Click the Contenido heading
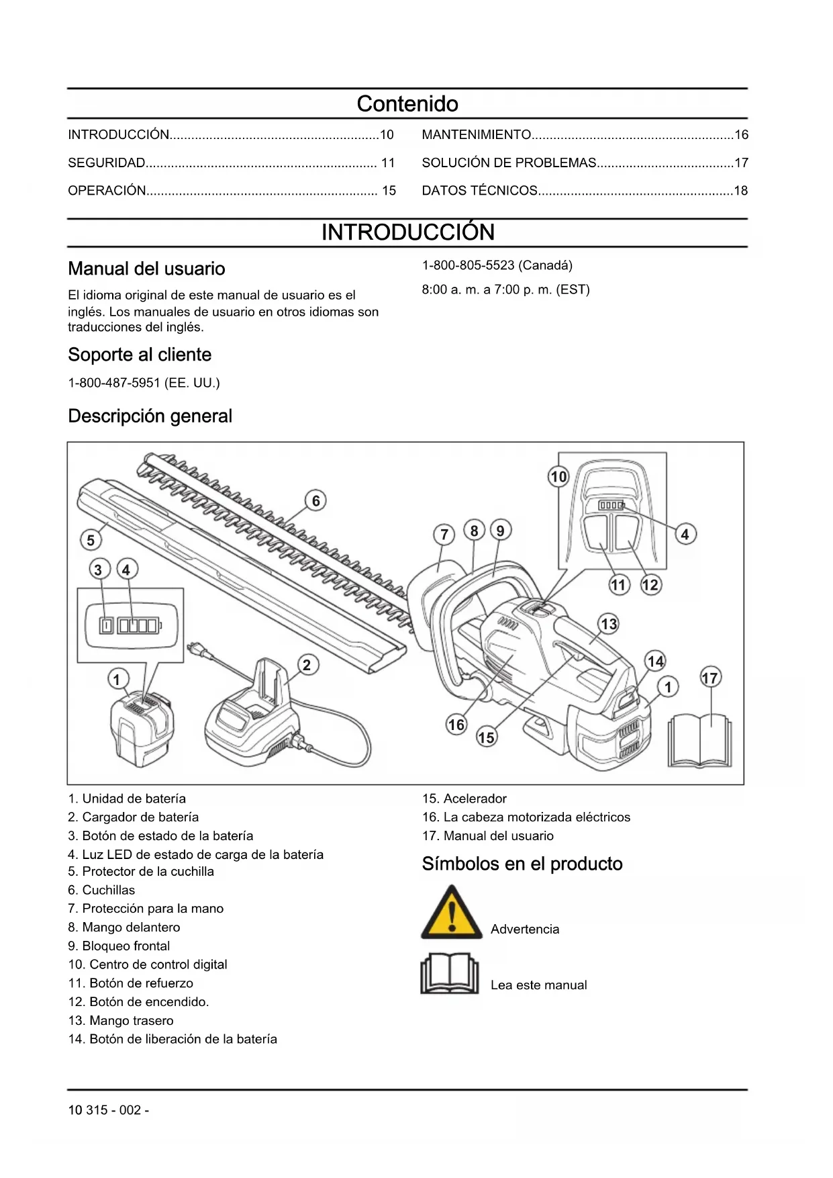pos(407,104)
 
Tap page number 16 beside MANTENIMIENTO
pos(741,135)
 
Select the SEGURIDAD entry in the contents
pos(107,163)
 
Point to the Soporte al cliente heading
pos(140,355)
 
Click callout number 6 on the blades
pos(316,501)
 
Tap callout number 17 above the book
pos(709,678)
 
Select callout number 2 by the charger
pos(307,665)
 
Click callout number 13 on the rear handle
pos(608,624)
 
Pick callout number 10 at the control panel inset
pos(558,477)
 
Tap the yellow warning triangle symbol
pos(451,913)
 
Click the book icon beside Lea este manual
pos(449,973)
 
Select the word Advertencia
pos(525,930)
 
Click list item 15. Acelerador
pos(464,799)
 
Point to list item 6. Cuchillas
pos(101,891)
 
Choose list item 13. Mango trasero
pos(121,1021)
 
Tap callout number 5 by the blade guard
pos(91,539)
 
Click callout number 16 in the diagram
pos(456,725)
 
